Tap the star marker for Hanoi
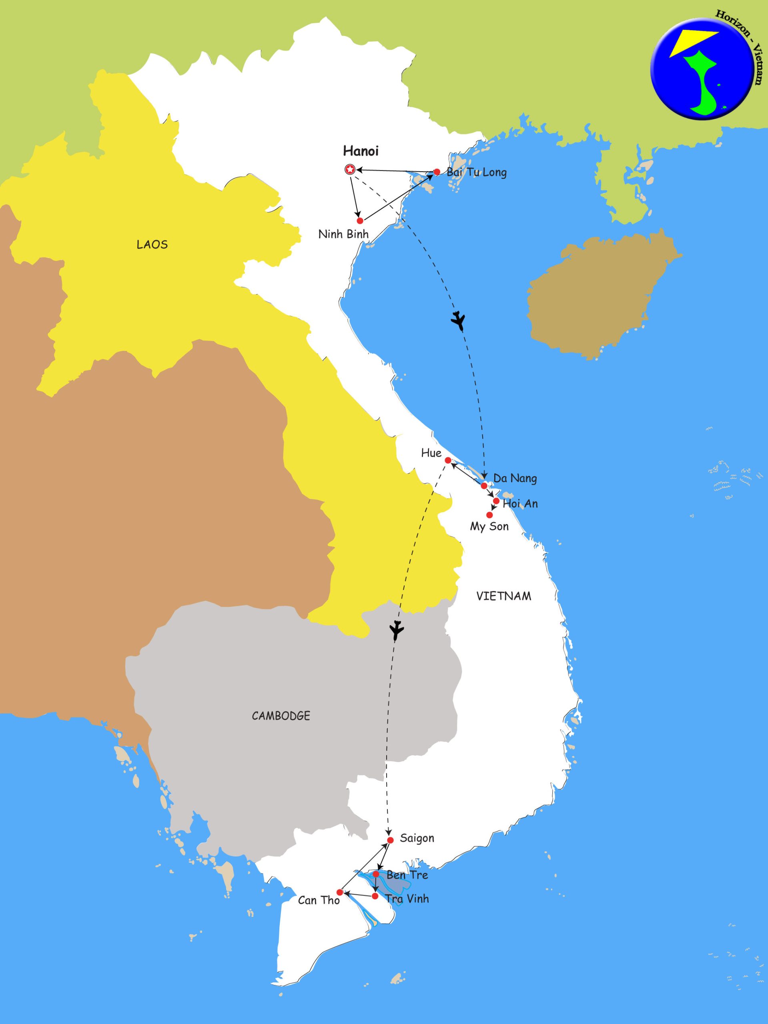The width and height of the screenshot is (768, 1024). click(x=350, y=170)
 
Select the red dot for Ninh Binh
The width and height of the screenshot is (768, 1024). click(x=360, y=220)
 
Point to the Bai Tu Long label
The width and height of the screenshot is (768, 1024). click(x=476, y=173)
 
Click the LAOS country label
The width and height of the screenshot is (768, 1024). click(x=152, y=244)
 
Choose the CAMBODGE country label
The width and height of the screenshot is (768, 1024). click(x=281, y=716)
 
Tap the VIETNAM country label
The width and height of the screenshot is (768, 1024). click(x=503, y=596)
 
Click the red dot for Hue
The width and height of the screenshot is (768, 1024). click(x=448, y=460)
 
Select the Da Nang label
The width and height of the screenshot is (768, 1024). click(x=515, y=478)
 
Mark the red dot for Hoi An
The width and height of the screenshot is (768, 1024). click(x=496, y=501)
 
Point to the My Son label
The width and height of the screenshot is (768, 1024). click(x=489, y=526)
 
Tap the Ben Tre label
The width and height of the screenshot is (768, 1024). click(x=407, y=875)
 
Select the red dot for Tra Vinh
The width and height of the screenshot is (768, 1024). click(x=375, y=896)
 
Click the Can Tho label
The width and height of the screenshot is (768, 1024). click(x=319, y=900)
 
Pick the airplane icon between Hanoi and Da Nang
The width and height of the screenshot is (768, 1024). click(x=458, y=320)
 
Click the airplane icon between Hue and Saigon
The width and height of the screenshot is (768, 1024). click(x=397, y=630)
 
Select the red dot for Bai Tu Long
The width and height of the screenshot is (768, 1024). click(x=436, y=172)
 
